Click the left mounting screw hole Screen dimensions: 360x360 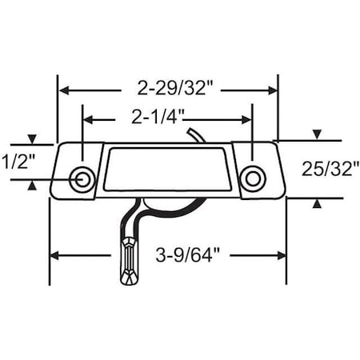point(81,178)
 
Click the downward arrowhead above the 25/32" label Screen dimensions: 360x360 point(317,134)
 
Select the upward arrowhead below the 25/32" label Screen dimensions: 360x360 point(317,203)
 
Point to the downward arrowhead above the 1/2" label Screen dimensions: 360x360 point(32,139)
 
